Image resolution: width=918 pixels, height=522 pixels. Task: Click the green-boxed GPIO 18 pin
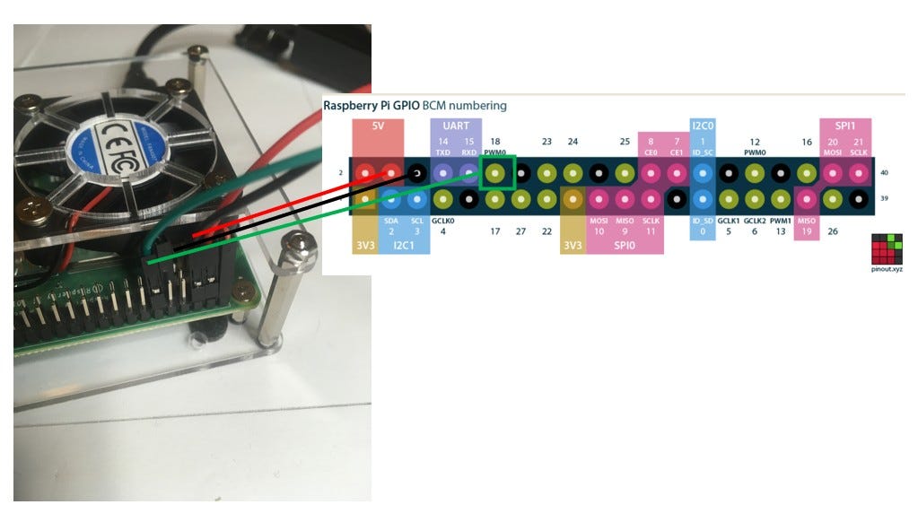pyautogui.click(x=497, y=171)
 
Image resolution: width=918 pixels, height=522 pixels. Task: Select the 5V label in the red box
pyautogui.click(x=377, y=126)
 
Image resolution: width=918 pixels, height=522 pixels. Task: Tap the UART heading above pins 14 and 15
pyautogui.click(x=455, y=127)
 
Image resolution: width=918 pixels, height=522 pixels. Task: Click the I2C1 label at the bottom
pyautogui.click(x=404, y=243)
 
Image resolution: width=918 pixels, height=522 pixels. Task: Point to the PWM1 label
pyautogui.click(x=780, y=220)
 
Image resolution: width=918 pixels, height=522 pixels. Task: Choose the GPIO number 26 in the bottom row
pyautogui.click(x=833, y=231)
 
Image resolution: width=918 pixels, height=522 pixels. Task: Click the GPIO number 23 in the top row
pyautogui.click(x=546, y=142)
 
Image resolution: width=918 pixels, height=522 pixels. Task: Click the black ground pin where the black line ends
pyautogui.click(x=416, y=172)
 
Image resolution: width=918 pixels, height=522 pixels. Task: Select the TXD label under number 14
pyautogui.click(x=442, y=152)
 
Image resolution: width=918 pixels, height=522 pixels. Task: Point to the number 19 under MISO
pyautogui.click(x=806, y=231)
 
